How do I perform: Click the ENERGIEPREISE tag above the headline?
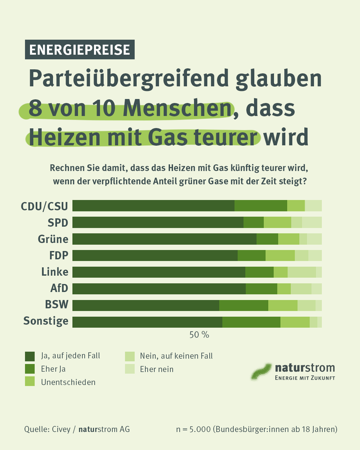click(80, 50)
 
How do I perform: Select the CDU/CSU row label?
click(44, 206)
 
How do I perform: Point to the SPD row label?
click(58, 223)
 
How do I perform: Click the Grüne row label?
click(53, 239)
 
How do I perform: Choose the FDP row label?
click(59, 255)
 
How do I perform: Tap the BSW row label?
click(57, 305)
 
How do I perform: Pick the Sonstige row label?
click(46, 321)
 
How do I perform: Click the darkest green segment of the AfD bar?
click(159, 289)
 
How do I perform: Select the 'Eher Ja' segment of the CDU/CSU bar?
click(261, 206)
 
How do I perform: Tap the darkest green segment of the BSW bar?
click(146, 305)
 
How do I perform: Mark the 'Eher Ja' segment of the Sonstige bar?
click(251, 322)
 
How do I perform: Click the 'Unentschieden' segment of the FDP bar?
click(280, 255)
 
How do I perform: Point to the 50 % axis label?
click(199, 335)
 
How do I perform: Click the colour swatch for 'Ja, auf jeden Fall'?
click(30, 356)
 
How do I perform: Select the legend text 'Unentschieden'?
click(68, 382)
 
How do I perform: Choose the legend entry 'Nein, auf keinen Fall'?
click(176, 356)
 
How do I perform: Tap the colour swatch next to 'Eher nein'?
click(130, 369)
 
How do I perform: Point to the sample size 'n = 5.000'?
click(193, 429)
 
